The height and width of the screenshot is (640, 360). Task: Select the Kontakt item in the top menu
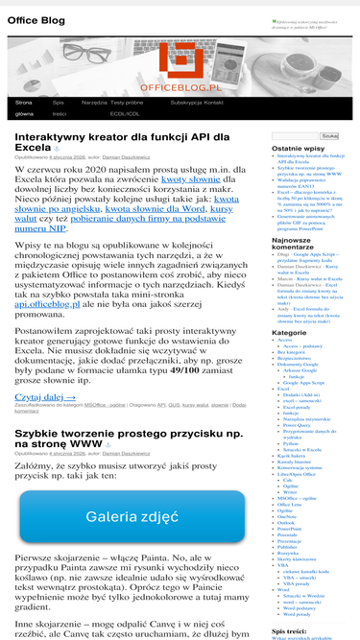(x=214, y=102)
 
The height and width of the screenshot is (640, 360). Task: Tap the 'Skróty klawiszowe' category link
(x=298, y=557)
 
